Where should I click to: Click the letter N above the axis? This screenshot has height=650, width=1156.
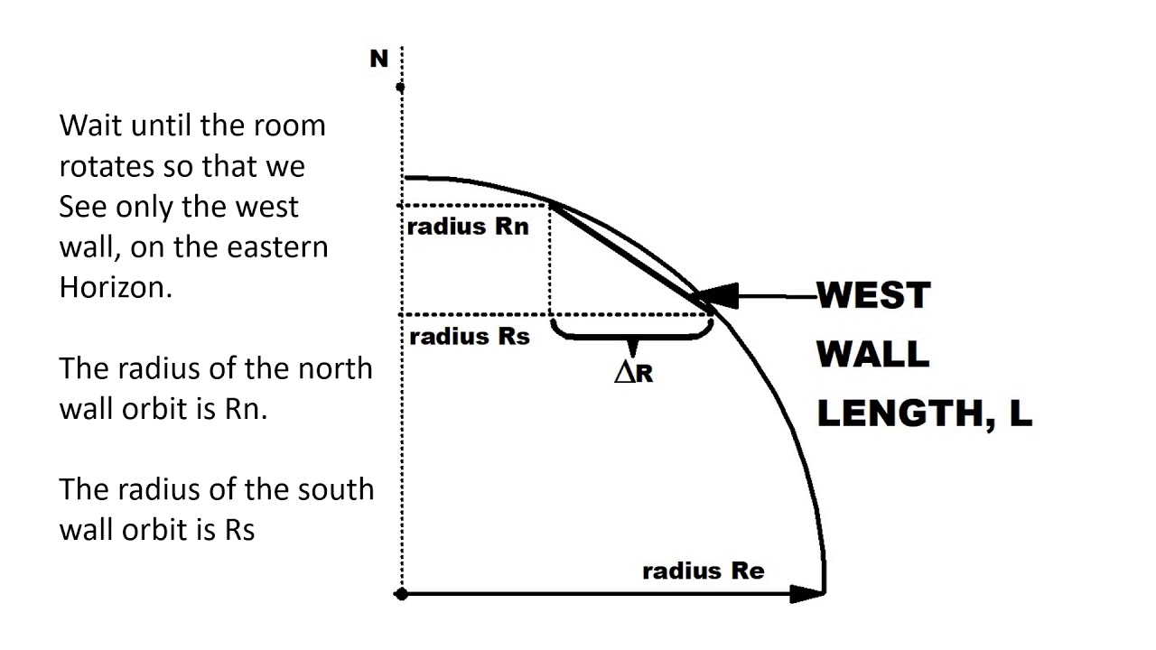point(378,59)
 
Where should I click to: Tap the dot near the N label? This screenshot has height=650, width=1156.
point(400,88)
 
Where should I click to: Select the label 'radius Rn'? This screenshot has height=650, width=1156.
point(468,227)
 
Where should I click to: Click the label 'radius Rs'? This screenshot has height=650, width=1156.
point(470,337)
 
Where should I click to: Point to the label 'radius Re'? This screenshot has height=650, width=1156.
point(704,571)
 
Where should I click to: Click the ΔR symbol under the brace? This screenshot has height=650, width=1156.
point(634,373)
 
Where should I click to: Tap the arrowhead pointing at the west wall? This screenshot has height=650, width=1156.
point(717,297)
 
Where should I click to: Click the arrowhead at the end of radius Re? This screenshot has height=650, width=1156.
point(807,594)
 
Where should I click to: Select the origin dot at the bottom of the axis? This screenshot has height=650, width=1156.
point(401,595)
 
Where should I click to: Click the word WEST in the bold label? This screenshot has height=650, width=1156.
point(873,295)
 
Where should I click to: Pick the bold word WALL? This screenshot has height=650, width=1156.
point(872,354)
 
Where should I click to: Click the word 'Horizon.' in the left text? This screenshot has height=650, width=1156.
point(116,287)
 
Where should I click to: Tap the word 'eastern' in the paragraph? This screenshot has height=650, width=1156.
point(277,247)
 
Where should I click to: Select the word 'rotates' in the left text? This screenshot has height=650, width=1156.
point(107,167)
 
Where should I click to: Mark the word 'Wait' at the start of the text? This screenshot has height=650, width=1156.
point(90,125)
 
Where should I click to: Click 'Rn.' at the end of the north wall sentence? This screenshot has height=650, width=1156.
point(246,409)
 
